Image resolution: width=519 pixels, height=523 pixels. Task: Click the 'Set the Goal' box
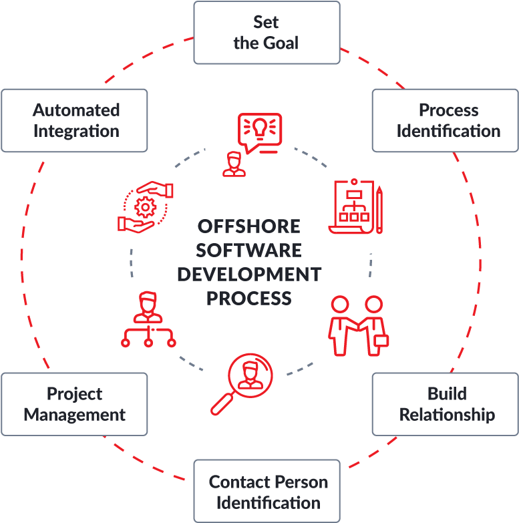(x=266, y=33)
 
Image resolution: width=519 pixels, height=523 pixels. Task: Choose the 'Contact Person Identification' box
(x=267, y=491)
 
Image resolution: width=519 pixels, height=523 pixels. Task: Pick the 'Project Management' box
(x=74, y=404)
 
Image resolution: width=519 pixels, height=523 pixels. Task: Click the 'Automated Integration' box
(x=75, y=120)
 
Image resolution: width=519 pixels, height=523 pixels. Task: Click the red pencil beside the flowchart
(x=379, y=209)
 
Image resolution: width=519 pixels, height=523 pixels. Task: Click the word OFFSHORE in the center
(x=248, y=226)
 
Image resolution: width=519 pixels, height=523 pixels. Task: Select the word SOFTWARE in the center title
(x=248, y=250)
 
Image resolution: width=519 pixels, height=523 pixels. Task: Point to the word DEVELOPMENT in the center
(x=248, y=275)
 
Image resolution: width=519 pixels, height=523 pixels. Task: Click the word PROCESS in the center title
(x=248, y=298)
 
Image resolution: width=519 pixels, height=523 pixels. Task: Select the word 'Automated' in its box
(x=76, y=110)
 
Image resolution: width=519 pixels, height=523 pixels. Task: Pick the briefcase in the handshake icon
(x=380, y=340)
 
